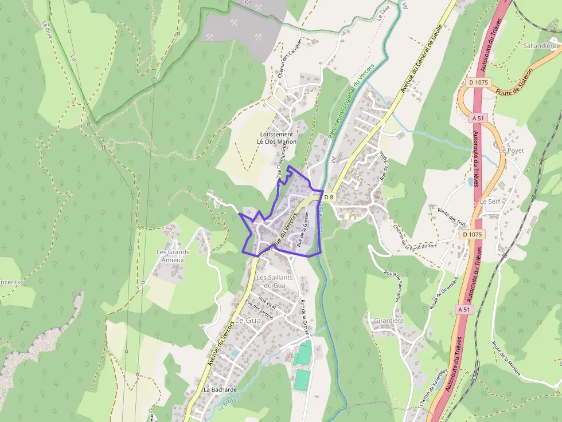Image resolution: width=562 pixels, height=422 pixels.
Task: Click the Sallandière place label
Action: point(540,45)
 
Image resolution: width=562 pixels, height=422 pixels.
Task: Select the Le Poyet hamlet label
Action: point(512,150)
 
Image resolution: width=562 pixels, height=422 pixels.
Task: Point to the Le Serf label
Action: point(490,202)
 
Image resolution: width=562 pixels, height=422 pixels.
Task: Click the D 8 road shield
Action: point(328,197)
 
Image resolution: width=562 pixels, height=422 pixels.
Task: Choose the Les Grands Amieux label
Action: point(173,256)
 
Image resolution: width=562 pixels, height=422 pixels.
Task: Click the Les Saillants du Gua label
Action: point(275,281)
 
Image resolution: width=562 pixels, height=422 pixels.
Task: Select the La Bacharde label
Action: point(220,389)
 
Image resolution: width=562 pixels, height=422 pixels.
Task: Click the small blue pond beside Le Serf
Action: point(471,182)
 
